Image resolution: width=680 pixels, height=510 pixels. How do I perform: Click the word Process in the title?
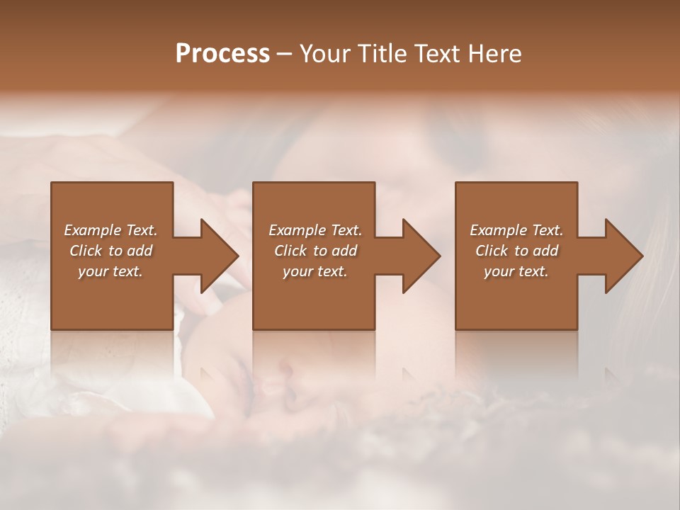[222, 54]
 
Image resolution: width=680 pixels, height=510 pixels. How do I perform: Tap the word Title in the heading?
[379, 54]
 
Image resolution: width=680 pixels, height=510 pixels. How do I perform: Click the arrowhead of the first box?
[215, 256]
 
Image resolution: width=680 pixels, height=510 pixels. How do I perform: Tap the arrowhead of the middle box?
[418, 256]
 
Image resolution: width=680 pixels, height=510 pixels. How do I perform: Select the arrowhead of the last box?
[620, 256]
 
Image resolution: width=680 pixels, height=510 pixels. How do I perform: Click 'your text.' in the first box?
[110, 271]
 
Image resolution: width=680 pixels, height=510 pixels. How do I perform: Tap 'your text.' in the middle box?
[314, 271]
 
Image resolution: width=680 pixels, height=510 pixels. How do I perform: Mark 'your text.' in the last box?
[516, 271]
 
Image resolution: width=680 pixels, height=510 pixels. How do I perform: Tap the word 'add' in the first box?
[140, 251]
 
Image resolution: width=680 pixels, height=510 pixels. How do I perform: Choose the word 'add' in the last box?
[546, 251]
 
